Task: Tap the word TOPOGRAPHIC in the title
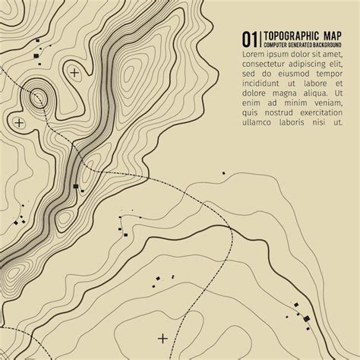pos(292,36)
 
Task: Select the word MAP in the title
pos(333,36)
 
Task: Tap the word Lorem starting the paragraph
pos(254,55)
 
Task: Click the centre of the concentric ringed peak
pos(37,96)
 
